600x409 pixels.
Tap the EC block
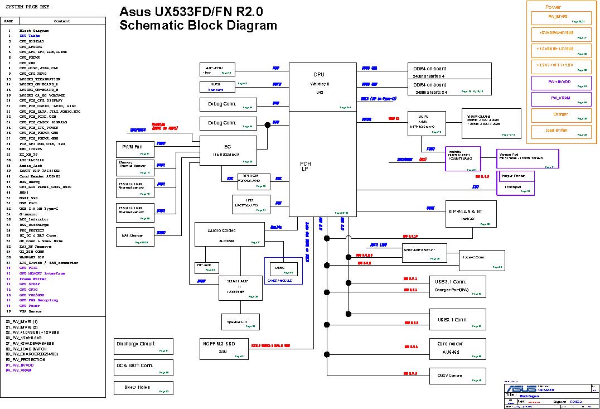tap(228, 151)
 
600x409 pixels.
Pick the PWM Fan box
tap(133, 149)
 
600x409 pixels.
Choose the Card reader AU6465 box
tap(456, 348)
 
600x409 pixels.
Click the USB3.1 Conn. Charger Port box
tap(456, 286)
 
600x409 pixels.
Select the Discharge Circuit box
tap(142, 347)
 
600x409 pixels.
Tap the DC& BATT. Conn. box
tap(142, 368)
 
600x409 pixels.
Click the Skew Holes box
tap(142, 388)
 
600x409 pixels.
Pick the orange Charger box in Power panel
tap(560, 116)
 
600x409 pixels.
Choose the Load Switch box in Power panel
tap(560, 132)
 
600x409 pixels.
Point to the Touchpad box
tap(516, 189)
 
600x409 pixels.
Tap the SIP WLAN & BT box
tap(471, 214)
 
